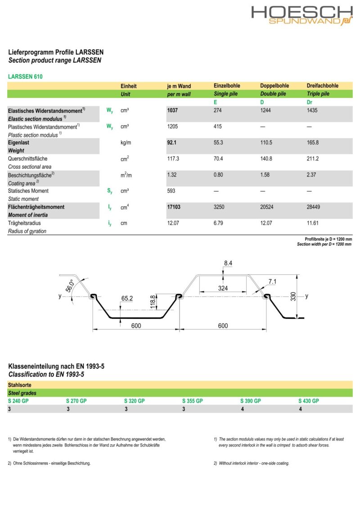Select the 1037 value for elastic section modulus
[x=173, y=111]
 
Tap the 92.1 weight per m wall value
[x=171, y=143]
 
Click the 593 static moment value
[x=171, y=191]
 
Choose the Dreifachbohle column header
[x=322, y=86]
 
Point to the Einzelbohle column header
[x=227, y=86]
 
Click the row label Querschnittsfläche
[x=27, y=159]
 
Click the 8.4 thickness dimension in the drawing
[x=228, y=263]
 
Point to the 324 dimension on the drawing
[x=223, y=288]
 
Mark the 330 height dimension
[x=293, y=296]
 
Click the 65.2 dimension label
[x=127, y=298]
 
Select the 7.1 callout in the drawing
[x=273, y=282]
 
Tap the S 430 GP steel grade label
[x=308, y=401]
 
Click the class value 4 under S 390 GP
[x=242, y=409]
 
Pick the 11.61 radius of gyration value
[x=312, y=223]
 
